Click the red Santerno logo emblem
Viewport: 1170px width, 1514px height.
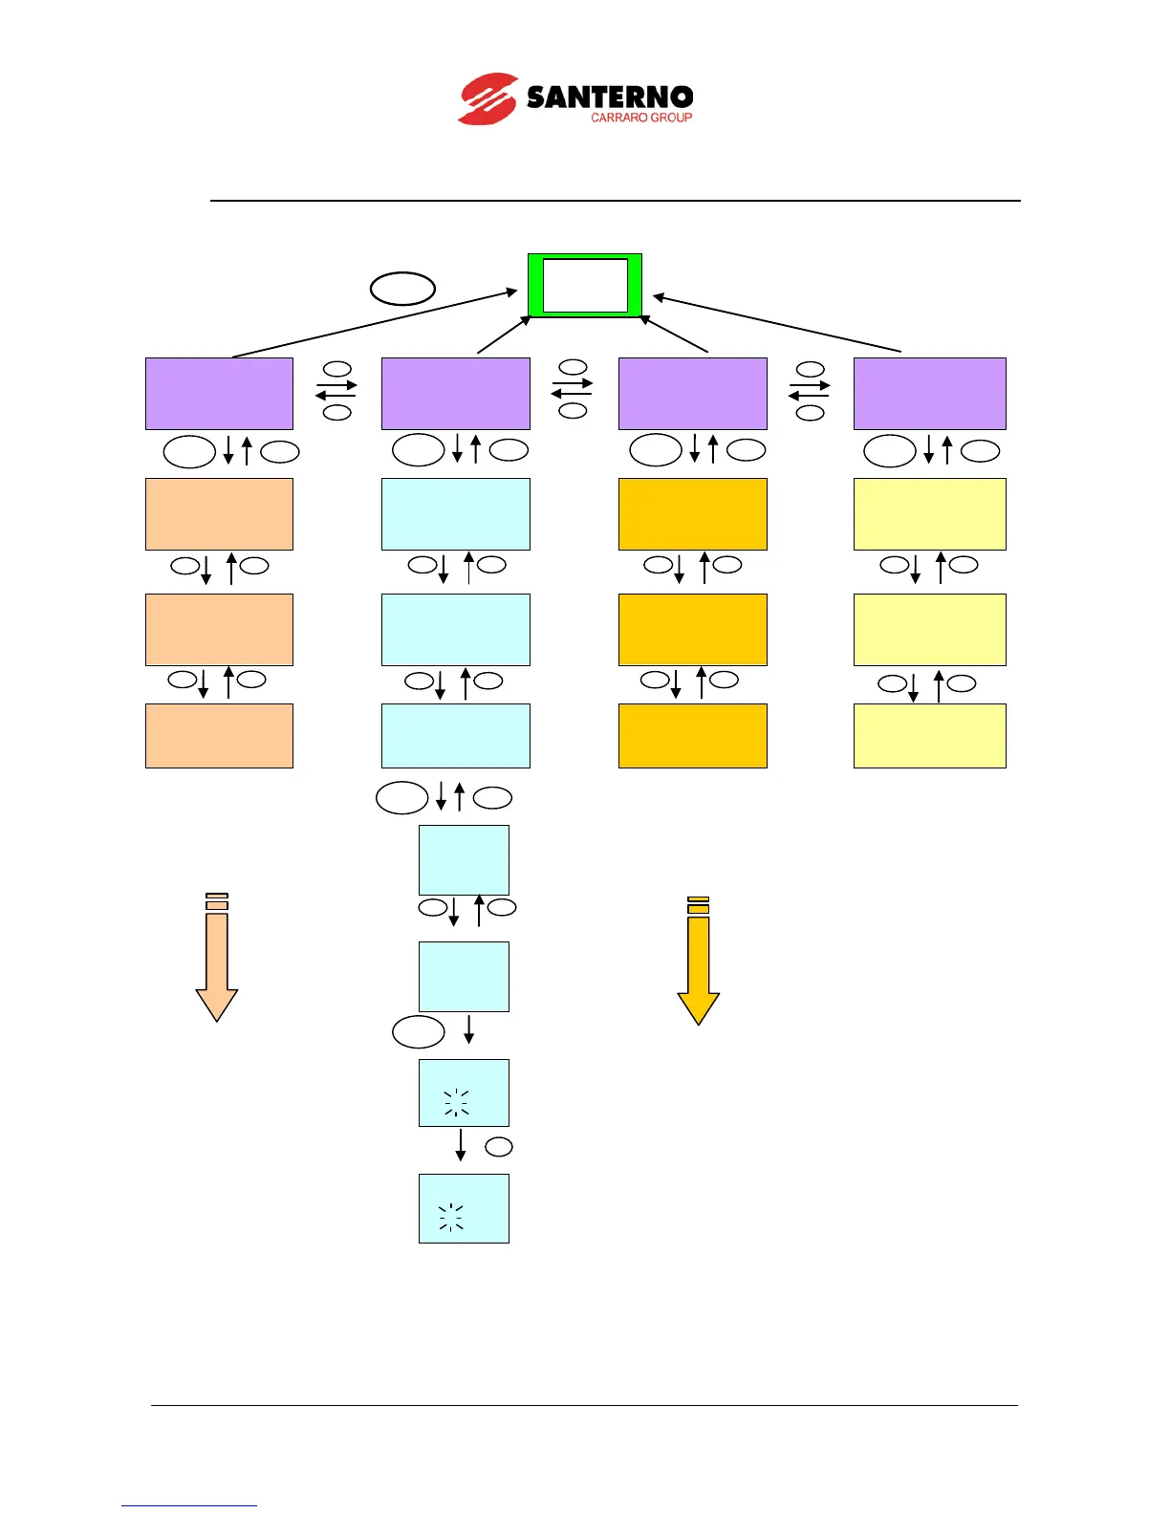tap(488, 98)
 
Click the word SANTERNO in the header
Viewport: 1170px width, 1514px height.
tap(610, 97)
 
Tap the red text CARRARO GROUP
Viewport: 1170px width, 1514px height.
tap(640, 118)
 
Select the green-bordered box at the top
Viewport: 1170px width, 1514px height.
tap(585, 285)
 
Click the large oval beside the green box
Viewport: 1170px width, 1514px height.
tap(402, 288)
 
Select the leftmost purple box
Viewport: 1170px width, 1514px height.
tap(219, 394)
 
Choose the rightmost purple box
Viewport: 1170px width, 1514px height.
tap(929, 394)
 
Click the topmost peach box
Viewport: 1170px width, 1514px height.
tap(219, 514)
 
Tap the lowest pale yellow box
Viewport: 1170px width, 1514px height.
tap(929, 736)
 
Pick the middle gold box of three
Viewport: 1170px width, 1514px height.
tap(692, 629)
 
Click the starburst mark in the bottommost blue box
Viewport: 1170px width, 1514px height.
tap(451, 1218)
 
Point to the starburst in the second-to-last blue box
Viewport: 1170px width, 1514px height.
tap(457, 1102)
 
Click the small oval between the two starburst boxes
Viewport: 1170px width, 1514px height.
tap(499, 1146)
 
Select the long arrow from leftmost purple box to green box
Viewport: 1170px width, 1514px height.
tap(373, 325)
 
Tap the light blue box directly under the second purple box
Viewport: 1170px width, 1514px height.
tap(455, 514)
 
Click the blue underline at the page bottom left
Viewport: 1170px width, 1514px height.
tap(189, 1505)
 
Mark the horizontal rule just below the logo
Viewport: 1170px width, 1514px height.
tap(616, 201)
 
